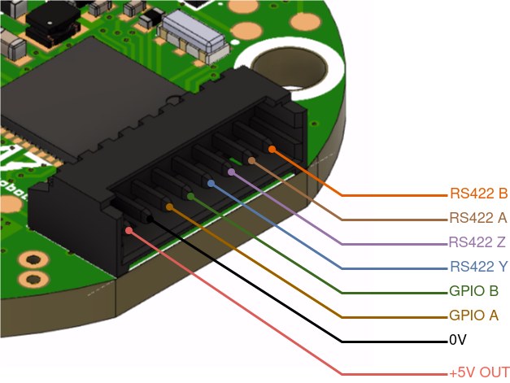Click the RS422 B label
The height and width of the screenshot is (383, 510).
click(478, 194)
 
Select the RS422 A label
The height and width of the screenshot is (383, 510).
click(478, 218)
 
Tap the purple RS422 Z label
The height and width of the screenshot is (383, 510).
click(477, 242)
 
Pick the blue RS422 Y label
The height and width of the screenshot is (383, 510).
click(478, 267)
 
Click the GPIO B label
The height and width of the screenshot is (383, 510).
click(473, 291)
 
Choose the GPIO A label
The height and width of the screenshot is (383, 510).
click(473, 316)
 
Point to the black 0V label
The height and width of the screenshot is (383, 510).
click(458, 340)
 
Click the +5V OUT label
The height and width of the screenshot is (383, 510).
click(479, 372)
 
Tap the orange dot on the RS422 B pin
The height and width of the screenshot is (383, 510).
click(272, 150)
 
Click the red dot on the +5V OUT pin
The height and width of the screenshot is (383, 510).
click(129, 230)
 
